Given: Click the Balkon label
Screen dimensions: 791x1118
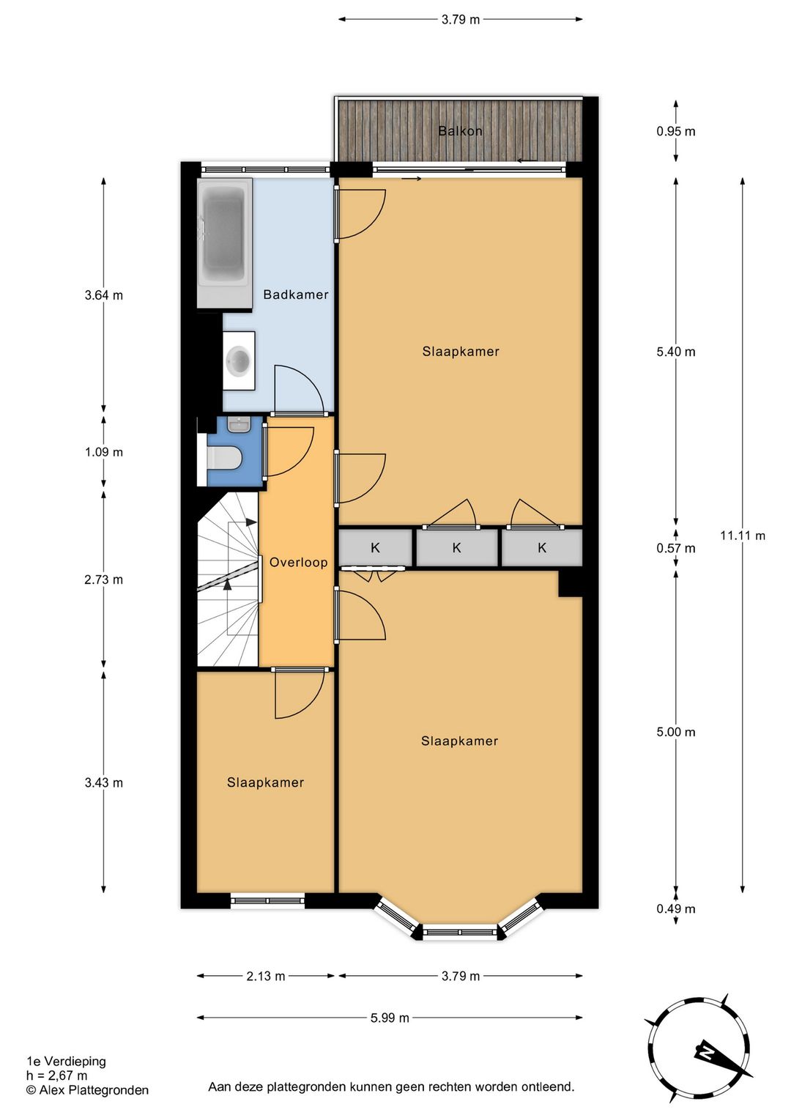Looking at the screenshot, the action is click(x=460, y=131).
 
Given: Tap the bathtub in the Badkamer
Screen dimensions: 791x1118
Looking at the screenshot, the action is click(x=224, y=244).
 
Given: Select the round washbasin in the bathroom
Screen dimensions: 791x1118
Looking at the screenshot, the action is click(x=239, y=359).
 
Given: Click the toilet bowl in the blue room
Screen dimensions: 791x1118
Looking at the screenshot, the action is click(x=224, y=457).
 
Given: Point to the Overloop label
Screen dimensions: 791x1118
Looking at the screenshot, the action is click(x=298, y=563).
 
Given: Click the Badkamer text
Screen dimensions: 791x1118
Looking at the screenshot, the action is click(x=296, y=295).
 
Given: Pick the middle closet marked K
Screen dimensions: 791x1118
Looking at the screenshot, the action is click(x=456, y=547).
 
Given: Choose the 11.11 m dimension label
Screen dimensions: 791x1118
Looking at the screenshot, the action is click(x=743, y=536).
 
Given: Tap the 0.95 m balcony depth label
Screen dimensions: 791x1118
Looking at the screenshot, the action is click(x=676, y=131).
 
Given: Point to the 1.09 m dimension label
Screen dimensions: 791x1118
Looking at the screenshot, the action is click(x=104, y=452).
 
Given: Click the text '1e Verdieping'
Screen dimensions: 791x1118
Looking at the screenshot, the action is click(x=67, y=1061).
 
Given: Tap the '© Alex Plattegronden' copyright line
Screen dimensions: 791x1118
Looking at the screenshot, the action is click(x=87, y=1090).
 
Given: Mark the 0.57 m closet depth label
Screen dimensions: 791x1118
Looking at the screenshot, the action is click(x=676, y=549).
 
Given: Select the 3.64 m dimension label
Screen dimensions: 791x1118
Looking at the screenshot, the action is click(x=104, y=295).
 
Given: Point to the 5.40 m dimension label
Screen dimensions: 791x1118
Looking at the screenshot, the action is click(x=676, y=352).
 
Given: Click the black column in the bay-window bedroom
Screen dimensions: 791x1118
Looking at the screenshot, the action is click(x=571, y=583).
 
